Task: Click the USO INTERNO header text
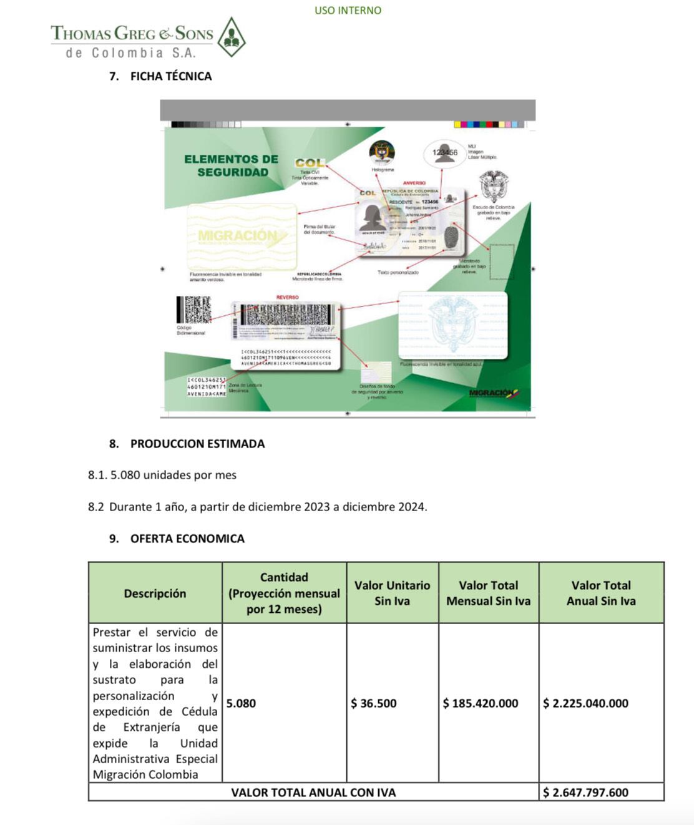tap(348, 10)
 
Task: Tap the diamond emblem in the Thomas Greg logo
tap(230, 37)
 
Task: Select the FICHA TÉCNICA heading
tap(170, 76)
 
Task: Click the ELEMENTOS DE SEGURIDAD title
tap(232, 165)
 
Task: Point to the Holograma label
tap(383, 170)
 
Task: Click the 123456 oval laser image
tap(444, 152)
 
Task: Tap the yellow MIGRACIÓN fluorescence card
tap(242, 236)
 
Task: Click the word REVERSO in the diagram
tap(287, 297)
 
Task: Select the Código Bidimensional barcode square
tap(194, 310)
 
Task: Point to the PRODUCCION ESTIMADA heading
tap(197, 444)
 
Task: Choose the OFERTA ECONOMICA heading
tap(187, 539)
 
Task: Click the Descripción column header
tap(155, 593)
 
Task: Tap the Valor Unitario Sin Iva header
tap(392, 593)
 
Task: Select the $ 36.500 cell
tap(374, 703)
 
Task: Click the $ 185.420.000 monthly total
tap(481, 703)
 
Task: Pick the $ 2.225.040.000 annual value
tap(585, 703)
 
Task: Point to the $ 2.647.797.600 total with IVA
tap(585, 793)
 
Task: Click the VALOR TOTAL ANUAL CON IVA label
tap(313, 793)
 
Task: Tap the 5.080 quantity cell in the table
tap(242, 703)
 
